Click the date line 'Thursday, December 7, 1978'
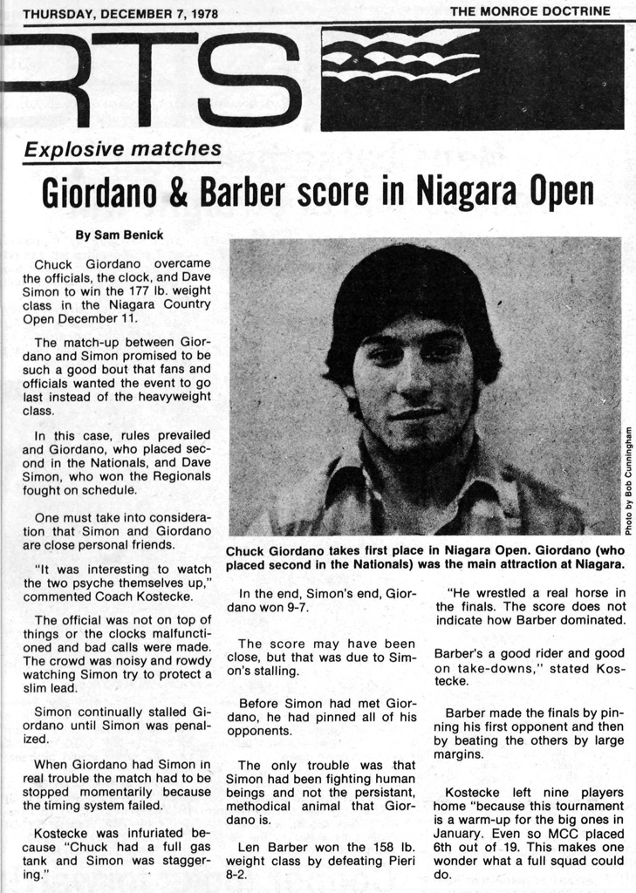120,14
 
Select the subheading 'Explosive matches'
122,150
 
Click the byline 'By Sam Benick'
119,235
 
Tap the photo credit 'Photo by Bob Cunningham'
628,481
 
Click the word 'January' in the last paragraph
459,832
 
